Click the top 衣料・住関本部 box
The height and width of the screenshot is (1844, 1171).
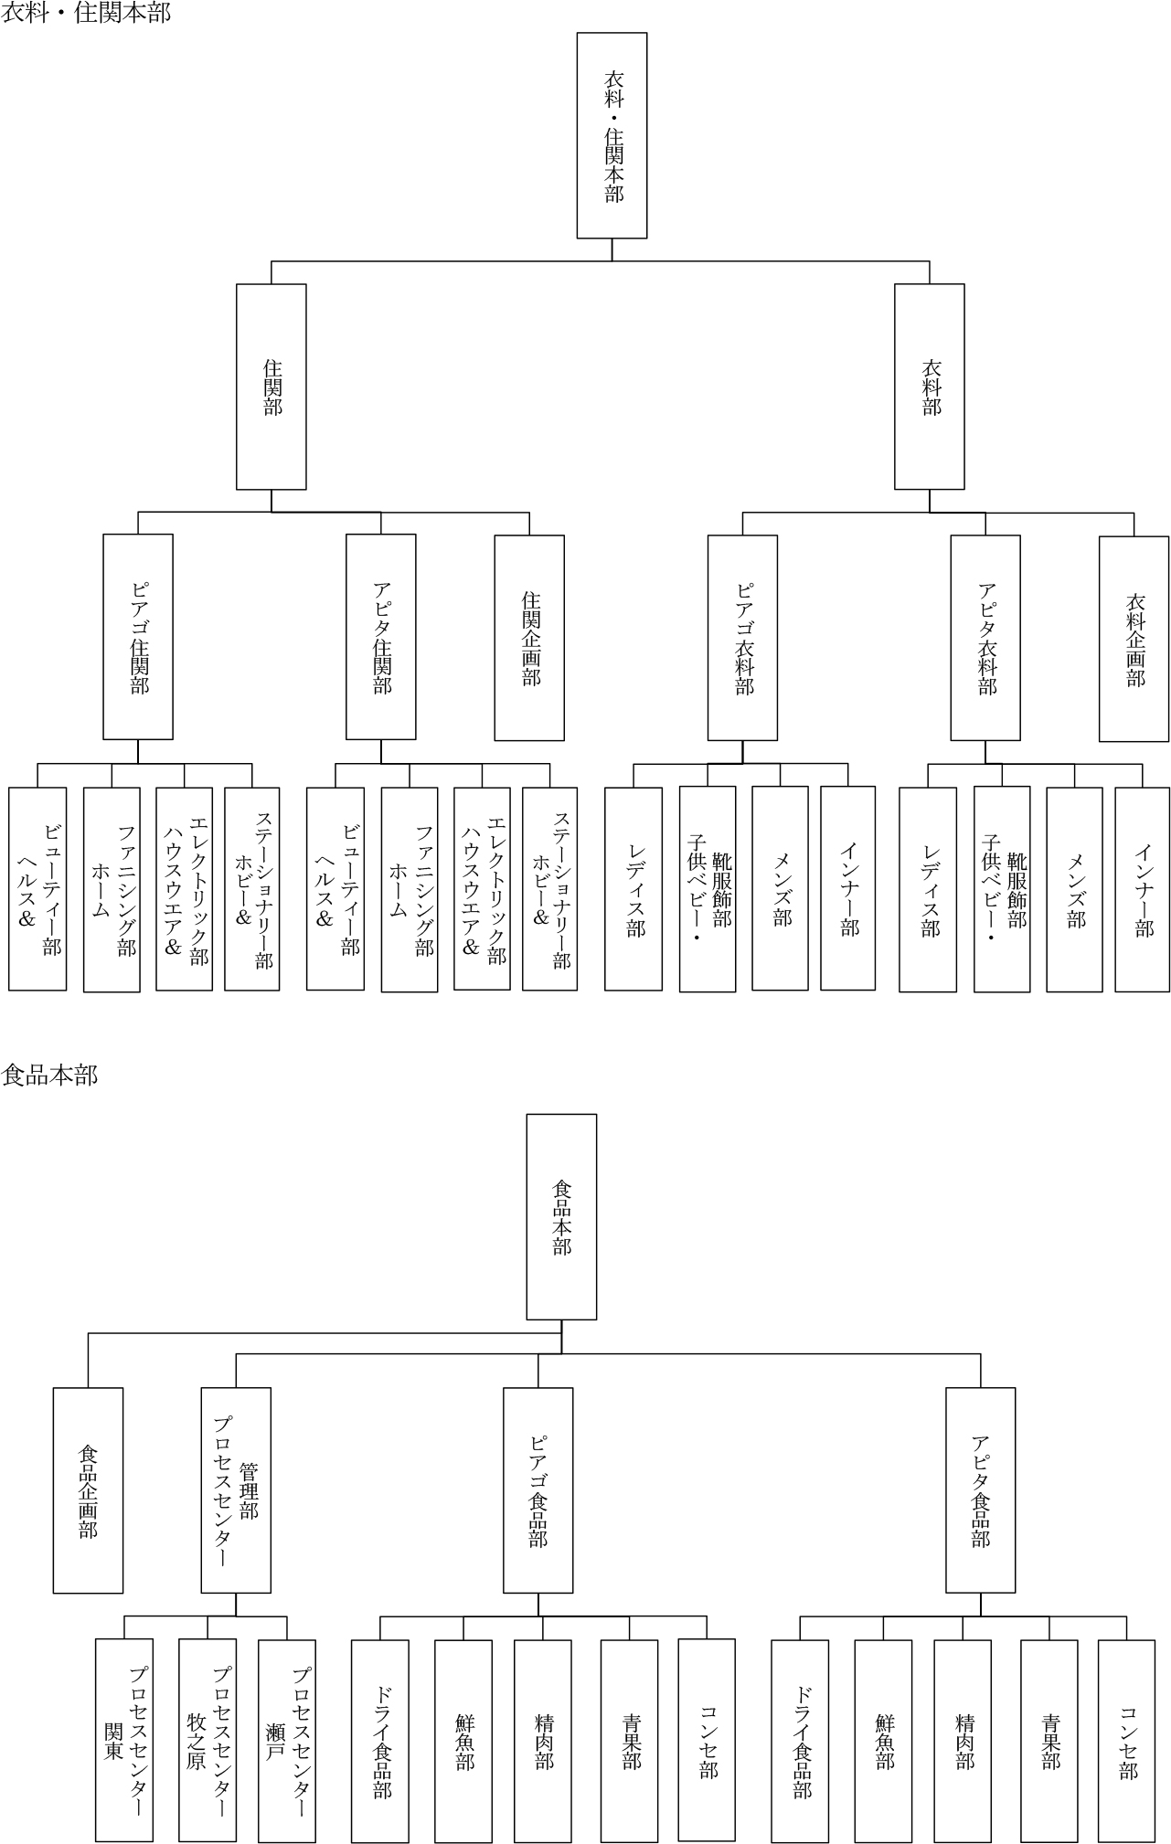612,135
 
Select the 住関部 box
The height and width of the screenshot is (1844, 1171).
271,387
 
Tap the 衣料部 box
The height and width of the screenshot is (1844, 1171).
930,387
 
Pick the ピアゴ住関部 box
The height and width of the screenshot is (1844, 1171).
138,637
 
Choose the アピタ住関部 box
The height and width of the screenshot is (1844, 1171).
381,637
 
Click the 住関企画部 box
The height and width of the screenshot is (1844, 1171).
529,638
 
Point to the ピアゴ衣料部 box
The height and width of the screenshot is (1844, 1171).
742,638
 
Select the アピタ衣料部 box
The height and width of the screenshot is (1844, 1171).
985,638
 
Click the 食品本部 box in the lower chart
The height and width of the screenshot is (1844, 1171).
561,1217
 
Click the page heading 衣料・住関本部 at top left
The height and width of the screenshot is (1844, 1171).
86,13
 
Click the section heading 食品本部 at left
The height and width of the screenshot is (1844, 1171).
49,1075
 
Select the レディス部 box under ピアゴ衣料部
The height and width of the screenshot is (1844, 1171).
633,889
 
